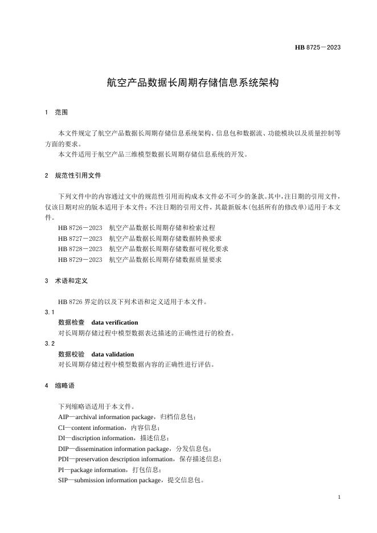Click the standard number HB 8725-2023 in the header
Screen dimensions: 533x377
pos(318,47)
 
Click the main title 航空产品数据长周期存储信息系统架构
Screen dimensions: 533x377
pos(192,83)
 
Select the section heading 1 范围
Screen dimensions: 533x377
pos(56,113)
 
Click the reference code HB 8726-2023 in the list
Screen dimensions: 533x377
pos(80,228)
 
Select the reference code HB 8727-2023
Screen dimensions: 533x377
pos(80,238)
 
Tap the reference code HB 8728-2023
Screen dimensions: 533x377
pos(80,249)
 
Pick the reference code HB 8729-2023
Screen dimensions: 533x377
pos(80,260)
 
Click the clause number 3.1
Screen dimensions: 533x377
pos(50,312)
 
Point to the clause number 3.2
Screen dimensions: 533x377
pos(50,343)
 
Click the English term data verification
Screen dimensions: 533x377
pos(114,322)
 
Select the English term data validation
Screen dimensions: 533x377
pos(112,354)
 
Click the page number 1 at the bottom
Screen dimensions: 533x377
pos(339,497)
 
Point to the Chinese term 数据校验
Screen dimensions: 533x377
pos(71,354)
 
